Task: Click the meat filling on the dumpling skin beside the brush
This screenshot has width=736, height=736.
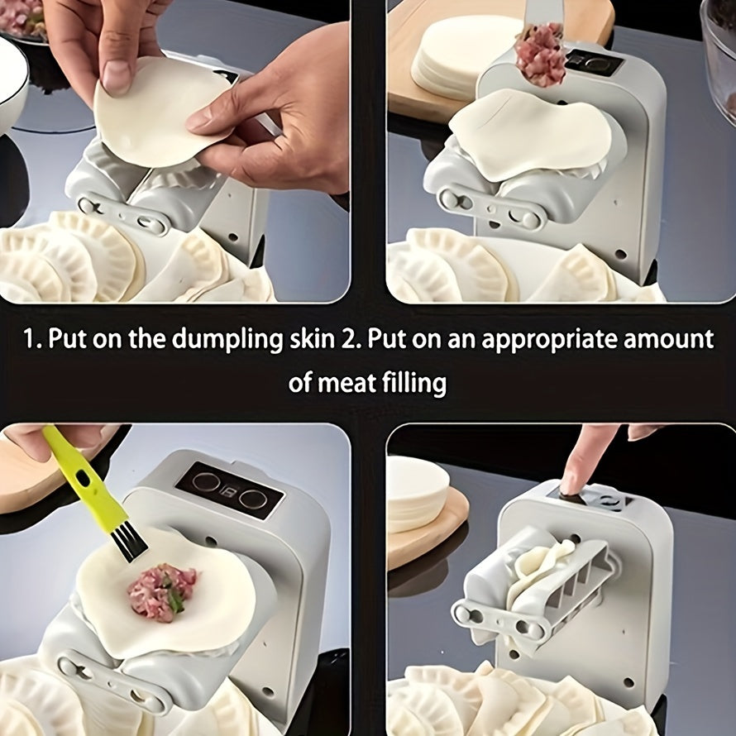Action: pos(162,590)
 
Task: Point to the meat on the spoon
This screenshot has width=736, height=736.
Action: pos(540,55)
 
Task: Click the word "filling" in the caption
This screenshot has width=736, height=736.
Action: pos(418,382)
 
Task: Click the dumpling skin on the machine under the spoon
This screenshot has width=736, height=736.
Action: pos(529,132)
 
